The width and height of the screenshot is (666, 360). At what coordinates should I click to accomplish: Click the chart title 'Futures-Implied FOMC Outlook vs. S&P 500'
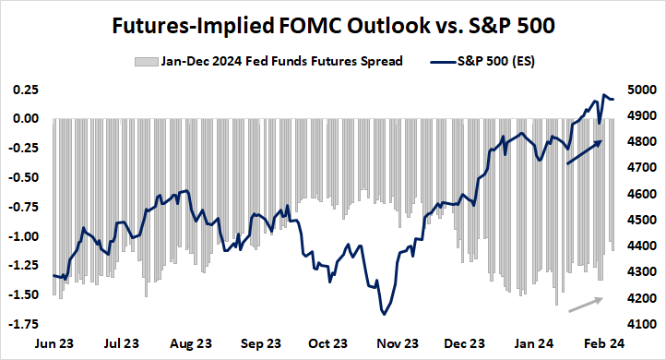[333, 25]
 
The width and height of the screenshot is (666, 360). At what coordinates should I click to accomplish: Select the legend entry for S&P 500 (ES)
[484, 62]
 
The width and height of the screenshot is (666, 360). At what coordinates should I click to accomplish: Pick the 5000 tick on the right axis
[643, 90]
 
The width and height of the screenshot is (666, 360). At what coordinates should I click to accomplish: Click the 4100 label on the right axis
[643, 325]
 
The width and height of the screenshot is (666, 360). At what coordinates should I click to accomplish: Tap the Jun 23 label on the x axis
[54, 343]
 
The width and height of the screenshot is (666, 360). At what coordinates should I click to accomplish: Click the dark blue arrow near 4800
[583, 152]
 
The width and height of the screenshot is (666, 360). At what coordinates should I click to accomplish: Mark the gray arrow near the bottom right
[584, 305]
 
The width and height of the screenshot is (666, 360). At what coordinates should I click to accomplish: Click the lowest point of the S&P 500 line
[382, 315]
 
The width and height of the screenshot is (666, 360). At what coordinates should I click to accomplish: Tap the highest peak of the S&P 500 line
[604, 95]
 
